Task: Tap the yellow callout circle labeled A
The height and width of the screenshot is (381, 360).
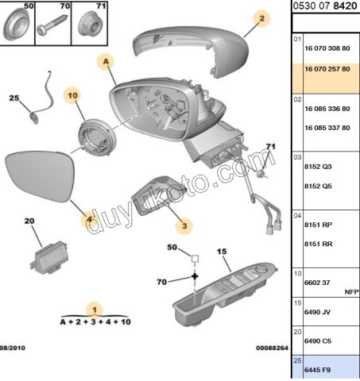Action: coord(105,60)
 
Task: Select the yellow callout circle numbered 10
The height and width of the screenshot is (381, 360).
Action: coord(72,96)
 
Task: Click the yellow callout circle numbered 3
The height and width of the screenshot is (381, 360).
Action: coord(184,226)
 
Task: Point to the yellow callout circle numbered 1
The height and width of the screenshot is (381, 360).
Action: coord(95,310)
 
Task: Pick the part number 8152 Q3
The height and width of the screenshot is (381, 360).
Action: coord(318,168)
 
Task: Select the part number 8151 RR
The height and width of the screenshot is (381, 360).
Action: coord(318,245)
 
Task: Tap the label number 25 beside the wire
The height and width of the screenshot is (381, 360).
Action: coord(14,98)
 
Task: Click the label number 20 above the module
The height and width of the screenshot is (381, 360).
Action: coord(29,221)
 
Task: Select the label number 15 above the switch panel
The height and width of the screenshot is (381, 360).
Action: coord(223,251)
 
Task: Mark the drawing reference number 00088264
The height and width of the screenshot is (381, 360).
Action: coord(270,347)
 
